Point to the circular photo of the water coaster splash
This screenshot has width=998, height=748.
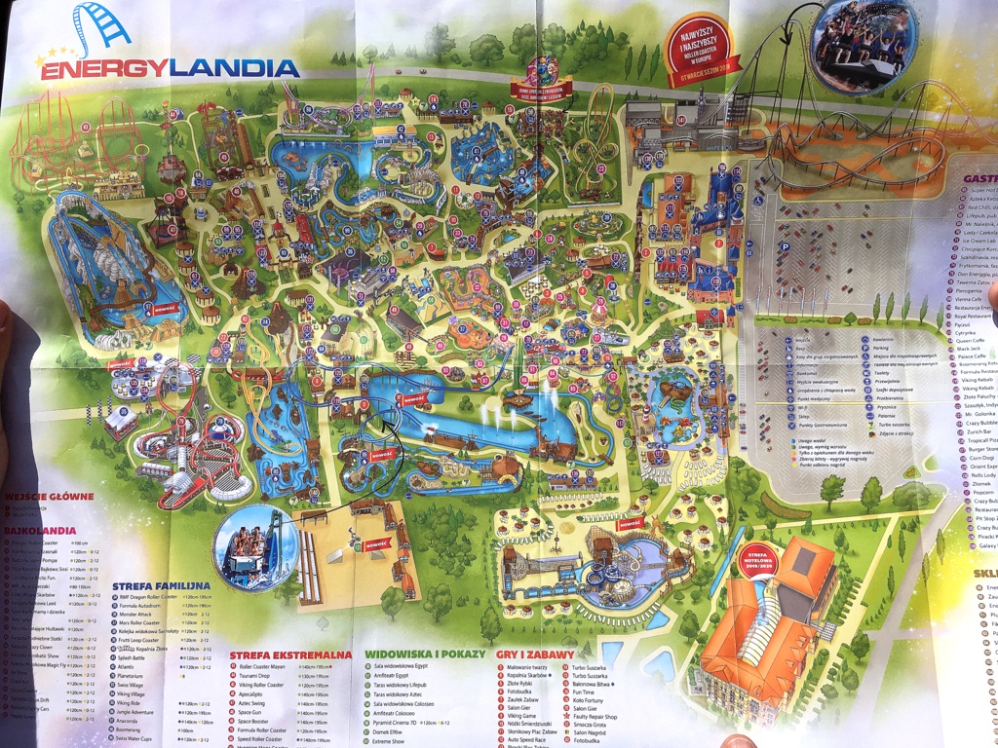click(255, 548)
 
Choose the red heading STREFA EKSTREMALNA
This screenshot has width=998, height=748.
click(290, 655)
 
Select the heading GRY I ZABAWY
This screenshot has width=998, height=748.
click(536, 654)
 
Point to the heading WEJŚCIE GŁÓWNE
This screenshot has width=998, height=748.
click(49, 497)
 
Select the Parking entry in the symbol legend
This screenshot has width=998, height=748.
click(882, 346)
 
